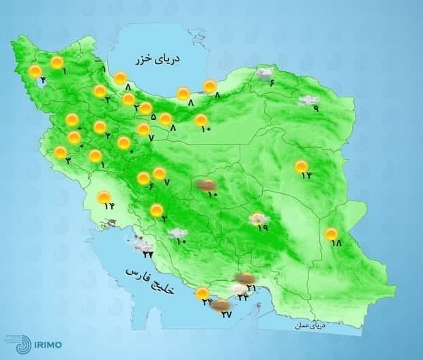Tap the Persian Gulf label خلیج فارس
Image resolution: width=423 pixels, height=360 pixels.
click(x=150, y=282)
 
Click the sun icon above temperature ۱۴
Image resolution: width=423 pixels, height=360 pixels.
click(x=301, y=166)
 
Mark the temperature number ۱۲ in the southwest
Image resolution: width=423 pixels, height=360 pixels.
click(x=107, y=207)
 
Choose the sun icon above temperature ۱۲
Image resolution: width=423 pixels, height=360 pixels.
click(x=104, y=198)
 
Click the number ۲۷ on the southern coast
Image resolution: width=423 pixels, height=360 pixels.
click(x=227, y=315)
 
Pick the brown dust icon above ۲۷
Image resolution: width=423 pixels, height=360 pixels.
click(x=220, y=306)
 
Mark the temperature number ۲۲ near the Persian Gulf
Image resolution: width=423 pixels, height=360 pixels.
click(x=148, y=254)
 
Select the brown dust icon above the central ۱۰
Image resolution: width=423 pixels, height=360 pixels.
click(x=207, y=184)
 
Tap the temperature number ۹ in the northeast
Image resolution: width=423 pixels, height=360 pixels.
click(x=316, y=108)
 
